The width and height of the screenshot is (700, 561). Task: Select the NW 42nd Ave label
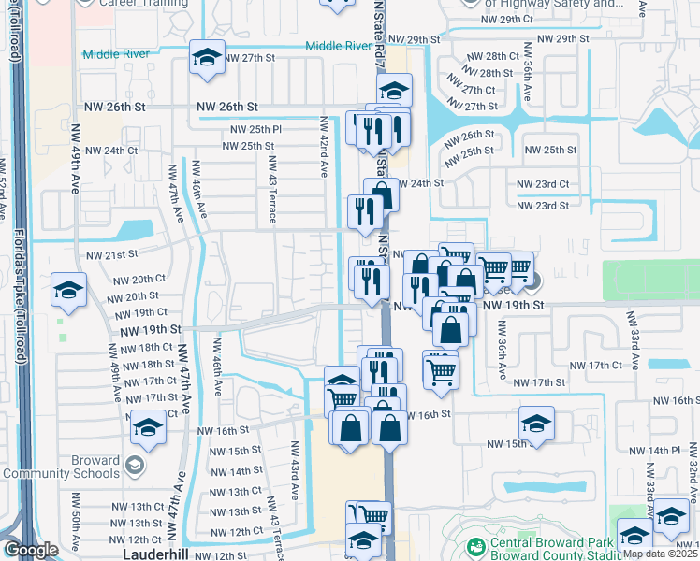click(323, 149)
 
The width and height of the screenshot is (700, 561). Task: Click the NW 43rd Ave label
click(295, 467)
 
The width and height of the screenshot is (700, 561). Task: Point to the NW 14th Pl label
click(654, 450)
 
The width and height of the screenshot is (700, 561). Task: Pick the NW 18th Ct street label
click(141, 348)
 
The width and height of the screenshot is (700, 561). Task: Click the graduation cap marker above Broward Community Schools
click(147, 427)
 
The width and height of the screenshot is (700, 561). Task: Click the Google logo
click(31, 551)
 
